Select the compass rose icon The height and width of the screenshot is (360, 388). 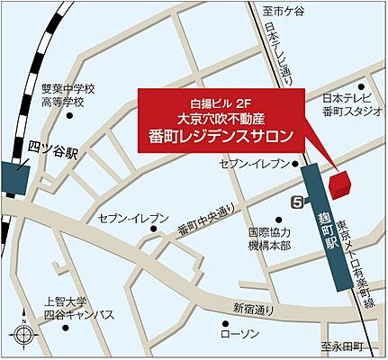[x=23, y=336]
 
